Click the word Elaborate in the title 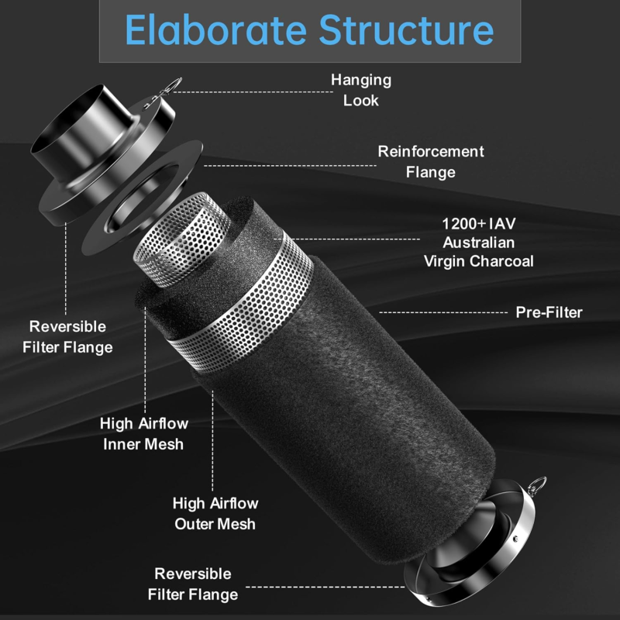(216, 30)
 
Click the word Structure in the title (406, 30)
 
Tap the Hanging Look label (361, 90)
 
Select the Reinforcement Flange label (431, 162)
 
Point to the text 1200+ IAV (479, 224)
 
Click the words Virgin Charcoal (479, 261)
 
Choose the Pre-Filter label (549, 312)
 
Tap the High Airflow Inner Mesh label (143, 434)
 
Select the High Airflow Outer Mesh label (215, 514)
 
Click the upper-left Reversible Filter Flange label (67, 337)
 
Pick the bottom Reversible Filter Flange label (193, 584)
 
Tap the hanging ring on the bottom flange (539, 485)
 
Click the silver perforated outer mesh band (241, 305)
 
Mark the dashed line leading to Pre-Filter (443, 312)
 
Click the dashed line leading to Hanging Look (253, 91)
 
